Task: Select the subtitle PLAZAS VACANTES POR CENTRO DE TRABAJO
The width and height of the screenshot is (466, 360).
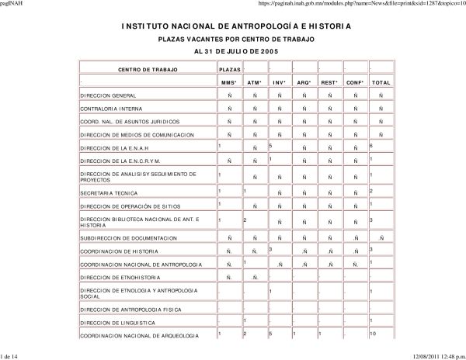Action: tap(235, 38)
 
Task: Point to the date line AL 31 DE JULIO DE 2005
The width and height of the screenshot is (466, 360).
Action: tap(235, 50)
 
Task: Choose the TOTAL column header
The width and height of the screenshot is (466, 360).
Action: tap(381, 81)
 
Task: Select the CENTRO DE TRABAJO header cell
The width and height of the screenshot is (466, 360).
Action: tap(147, 69)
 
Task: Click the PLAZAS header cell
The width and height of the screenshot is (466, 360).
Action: tap(229, 69)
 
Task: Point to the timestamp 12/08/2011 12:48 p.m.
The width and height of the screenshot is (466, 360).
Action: tap(432, 355)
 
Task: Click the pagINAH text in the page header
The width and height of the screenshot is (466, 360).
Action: tap(16, 4)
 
